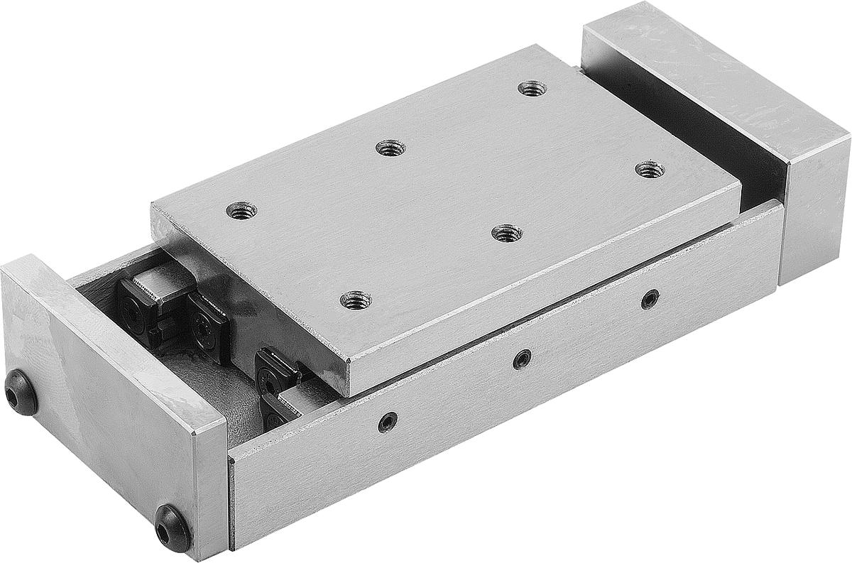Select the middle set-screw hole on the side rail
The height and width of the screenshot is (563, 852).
523,359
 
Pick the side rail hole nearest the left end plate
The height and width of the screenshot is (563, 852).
388,422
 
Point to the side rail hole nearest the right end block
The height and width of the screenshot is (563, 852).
650,299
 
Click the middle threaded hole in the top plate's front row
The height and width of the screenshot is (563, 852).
507,233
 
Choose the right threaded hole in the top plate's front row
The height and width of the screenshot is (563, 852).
649,170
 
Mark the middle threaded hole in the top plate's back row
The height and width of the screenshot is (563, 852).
390,148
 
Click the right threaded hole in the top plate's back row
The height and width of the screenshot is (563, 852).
532,89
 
